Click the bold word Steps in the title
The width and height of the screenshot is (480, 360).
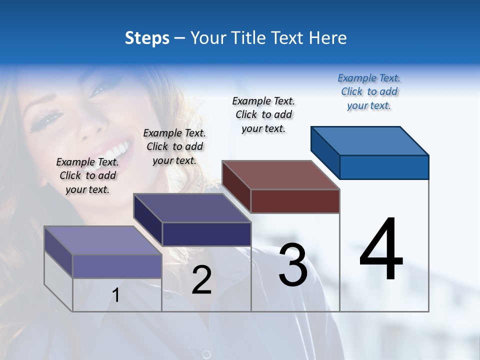point(147,38)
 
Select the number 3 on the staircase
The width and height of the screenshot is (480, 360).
point(293,265)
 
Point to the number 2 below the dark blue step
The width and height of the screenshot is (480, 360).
point(201,280)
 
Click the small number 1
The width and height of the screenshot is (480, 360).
point(115,295)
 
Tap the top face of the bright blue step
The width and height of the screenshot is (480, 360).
point(370,140)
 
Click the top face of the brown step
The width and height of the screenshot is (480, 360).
point(281,175)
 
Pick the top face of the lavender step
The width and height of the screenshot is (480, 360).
point(103,240)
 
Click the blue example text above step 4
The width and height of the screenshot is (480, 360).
point(369,91)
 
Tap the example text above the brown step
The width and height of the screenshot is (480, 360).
point(263,114)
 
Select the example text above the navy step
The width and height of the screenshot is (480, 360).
point(174,146)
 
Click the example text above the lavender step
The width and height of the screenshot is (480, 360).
point(87,175)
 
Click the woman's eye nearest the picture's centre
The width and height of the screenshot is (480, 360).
point(98,89)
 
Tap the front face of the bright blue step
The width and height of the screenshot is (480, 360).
point(384,167)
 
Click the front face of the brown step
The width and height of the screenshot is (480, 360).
point(295,201)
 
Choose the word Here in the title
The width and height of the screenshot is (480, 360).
point(327,38)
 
